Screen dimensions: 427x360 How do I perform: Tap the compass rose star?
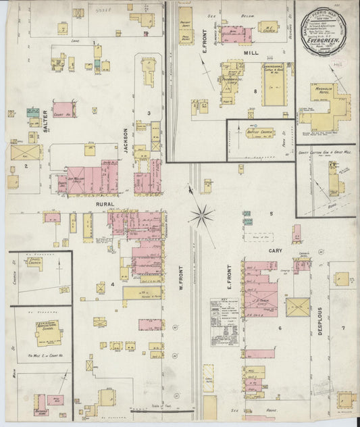[x=201, y=216]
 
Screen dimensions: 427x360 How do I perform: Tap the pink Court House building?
[x=63, y=108]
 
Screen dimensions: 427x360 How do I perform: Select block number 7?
[x=343, y=328]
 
